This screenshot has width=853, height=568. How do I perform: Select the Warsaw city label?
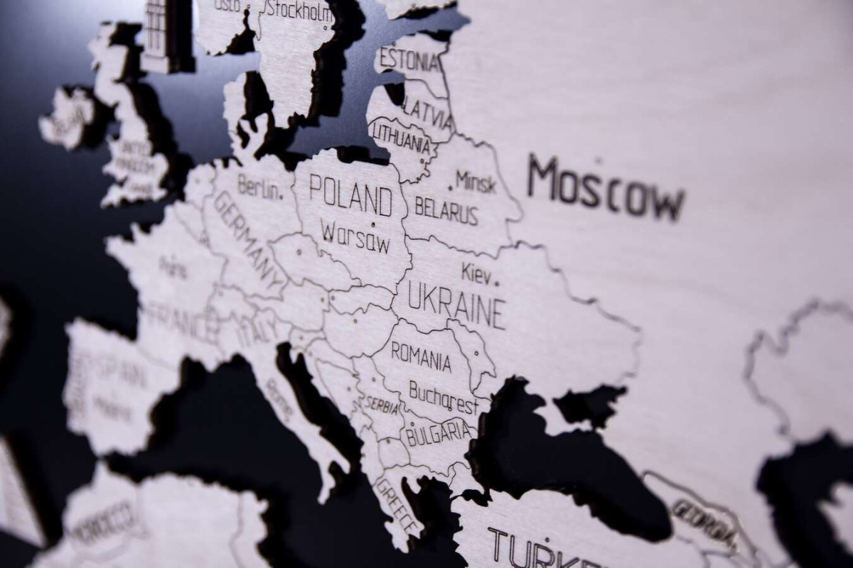[355, 236]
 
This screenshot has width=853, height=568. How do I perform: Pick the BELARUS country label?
[446, 211]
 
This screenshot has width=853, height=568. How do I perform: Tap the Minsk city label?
[476, 182]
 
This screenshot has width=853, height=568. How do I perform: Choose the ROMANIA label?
[421, 356]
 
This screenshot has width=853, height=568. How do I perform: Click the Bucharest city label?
[444, 398]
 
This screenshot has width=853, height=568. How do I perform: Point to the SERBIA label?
[382, 405]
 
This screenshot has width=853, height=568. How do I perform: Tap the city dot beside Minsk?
[451, 188]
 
